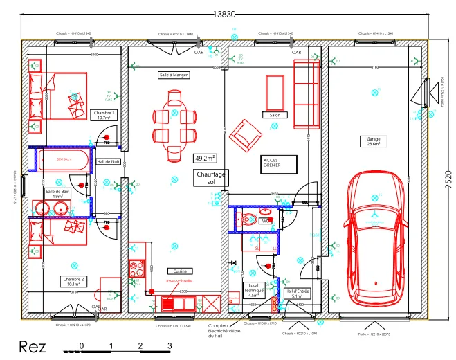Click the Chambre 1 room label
[x=105, y=115]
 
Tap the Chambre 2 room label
[x=73, y=281]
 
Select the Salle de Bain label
[x=58, y=194]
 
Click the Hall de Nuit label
[x=109, y=161]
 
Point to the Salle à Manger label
[x=174, y=75]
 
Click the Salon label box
[x=274, y=116]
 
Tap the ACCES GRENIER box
[x=279, y=164]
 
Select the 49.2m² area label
[x=205, y=158]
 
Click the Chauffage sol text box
[x=211, y=179]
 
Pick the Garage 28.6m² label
[x=374, y=141]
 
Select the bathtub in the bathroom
[x=64, y=160]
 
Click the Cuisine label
[x=179, y=271]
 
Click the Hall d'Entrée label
[x=297, y=294]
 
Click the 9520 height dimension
[x=449, y=178]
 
